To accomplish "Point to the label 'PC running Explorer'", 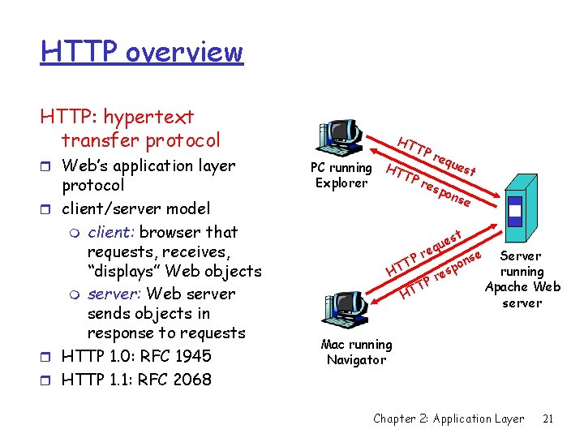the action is (x=341, y=175).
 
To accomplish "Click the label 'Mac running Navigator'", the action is (x=356, y=352).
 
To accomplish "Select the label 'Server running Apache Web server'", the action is (x=522, y=279).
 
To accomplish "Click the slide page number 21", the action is (x=548, y=419).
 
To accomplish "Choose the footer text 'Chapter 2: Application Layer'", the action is (x=449, y=419).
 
